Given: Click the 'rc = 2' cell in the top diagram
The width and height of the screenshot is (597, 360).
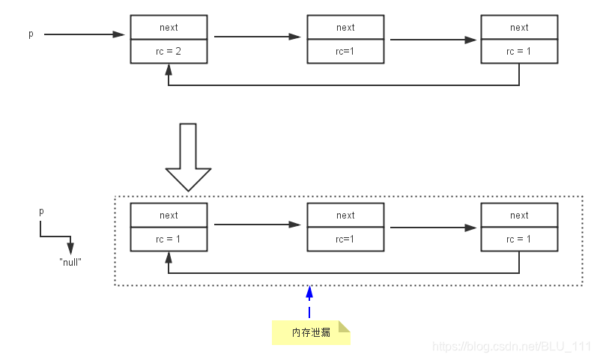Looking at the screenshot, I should pos(169,51).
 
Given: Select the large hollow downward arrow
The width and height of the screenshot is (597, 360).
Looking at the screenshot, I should pos(188,157).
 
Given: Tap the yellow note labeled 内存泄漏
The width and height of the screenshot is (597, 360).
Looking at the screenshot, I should pos(311,332).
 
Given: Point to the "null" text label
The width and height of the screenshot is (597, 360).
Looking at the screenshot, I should pos(70,263).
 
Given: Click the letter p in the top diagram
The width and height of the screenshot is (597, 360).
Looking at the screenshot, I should pos(31,34).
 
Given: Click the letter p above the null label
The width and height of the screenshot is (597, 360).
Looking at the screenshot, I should pos(41,212).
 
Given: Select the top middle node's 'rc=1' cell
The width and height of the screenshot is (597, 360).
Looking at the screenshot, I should pos(345,51).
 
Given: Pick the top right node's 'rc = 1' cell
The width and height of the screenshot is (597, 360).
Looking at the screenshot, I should pos(519,51).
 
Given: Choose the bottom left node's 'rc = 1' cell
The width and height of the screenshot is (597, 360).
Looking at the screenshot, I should pos(169,239).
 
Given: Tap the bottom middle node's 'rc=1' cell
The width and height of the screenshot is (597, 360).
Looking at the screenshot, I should pos(345,239).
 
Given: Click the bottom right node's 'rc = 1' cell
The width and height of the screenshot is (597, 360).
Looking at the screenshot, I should pos(519,239).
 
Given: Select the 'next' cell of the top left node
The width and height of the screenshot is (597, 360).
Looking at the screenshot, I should pos(169,28).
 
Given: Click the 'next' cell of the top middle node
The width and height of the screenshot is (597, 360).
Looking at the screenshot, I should pos(345,28).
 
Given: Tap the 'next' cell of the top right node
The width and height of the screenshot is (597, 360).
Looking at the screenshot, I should pos(519,28).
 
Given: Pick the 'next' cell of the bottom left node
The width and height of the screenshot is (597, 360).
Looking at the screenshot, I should pos(169,216).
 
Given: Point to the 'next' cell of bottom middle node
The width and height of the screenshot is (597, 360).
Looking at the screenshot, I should pos(345,216).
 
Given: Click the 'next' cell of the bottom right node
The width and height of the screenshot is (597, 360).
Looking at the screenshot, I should pos(519,216).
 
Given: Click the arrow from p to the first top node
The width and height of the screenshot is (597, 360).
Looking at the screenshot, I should pos(82,34).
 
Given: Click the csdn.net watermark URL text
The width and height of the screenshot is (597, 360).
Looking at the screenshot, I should pos(512,347).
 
